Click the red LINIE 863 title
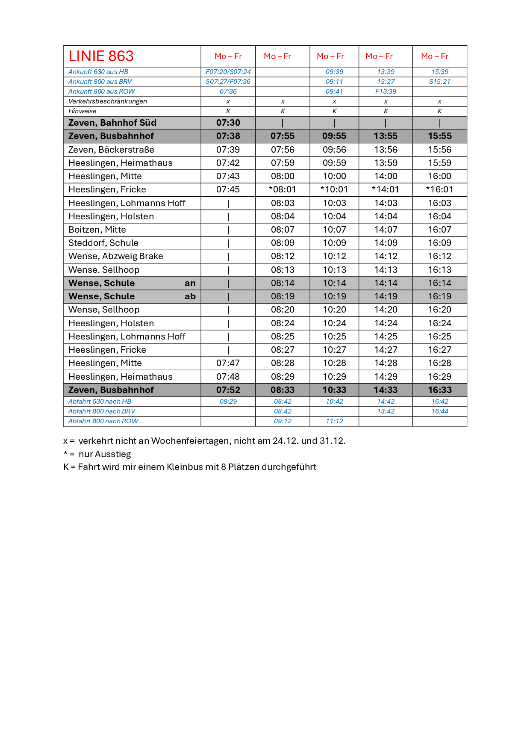[101, 56]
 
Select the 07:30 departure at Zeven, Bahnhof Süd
[228, 123]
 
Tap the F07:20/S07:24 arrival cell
[228, 72]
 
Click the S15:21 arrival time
[439, 82]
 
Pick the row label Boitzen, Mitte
[97, 230]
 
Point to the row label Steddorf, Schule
[103, 243]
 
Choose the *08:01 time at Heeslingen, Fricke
[282, 189]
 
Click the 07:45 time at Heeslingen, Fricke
[228, 189]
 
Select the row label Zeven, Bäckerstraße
[111, 150]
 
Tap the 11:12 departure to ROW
[334, 421]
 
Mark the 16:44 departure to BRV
[439, 411]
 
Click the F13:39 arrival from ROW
[386, 92]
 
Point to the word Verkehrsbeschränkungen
[108, 101]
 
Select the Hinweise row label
[82, 111]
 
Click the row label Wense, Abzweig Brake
[115, 256]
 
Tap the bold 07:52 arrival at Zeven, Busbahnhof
[228, 390]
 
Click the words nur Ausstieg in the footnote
[105, 454]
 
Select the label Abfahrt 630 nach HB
[100, 402]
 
